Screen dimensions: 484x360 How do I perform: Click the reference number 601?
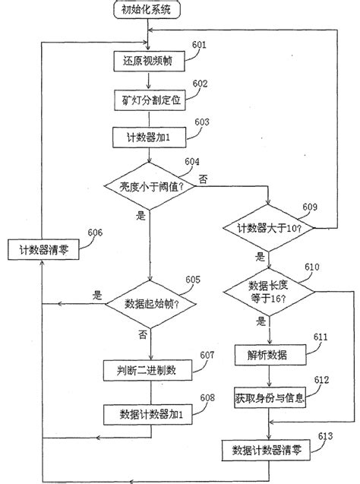[x=199, y=45]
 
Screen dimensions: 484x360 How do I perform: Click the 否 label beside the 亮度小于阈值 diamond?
[x=202, y=179]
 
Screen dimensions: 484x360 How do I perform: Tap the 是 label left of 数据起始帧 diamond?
[x=96, y=295]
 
